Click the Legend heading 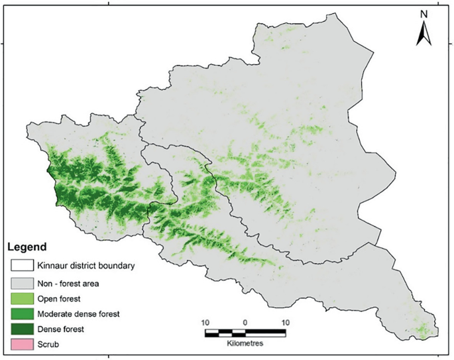(x=27, y=247)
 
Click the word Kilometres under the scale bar (x=245, y=345)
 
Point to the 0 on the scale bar (x=245, y=322)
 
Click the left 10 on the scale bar (x=205, y=322)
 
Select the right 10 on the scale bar (x=286, y=322)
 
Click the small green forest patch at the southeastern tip (x=424, y=328)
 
